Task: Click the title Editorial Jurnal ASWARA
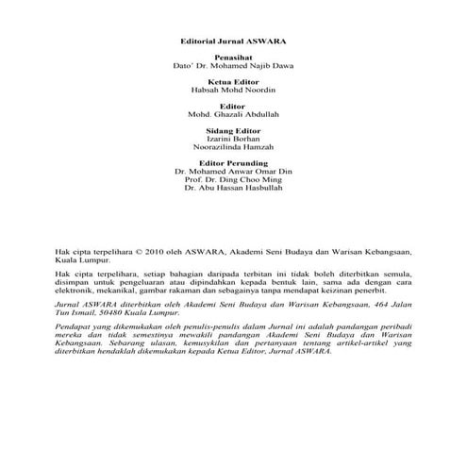click(233, 41)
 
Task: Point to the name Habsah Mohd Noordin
click(232, 92)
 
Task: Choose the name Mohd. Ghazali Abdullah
click(232, 115)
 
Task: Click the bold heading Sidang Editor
click(232, 130)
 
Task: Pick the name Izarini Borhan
click(232, 139)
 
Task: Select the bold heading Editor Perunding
click(232, 163)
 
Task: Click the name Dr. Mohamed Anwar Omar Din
click(232, 172)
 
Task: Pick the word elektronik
click(80, 291)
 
